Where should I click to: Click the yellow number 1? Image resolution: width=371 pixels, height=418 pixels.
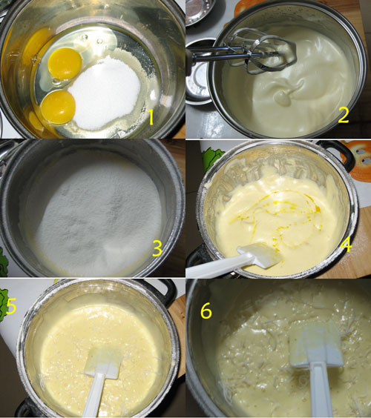(x=151, y=118)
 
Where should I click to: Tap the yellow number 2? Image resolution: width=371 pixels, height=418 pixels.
(x=344, y=115)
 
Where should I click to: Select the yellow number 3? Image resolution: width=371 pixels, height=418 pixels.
(x=157, y=248)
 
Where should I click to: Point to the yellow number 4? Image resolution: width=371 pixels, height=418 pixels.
(x=347, y=244)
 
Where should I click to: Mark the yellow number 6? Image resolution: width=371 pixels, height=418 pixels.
(x=206, y=311)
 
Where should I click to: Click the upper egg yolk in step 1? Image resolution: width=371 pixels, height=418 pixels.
(x=65, y=63)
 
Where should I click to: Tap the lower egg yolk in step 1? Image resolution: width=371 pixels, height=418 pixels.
(x=58, y=107)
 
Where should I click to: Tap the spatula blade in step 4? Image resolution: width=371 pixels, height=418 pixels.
(x=260, y=256)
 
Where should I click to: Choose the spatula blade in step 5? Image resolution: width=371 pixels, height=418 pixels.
(x=103, y=362)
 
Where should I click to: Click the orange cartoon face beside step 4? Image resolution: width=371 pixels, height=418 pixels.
(x=358, y=159)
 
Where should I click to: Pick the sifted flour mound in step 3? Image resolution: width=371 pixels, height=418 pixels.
(x=93, y=213)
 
